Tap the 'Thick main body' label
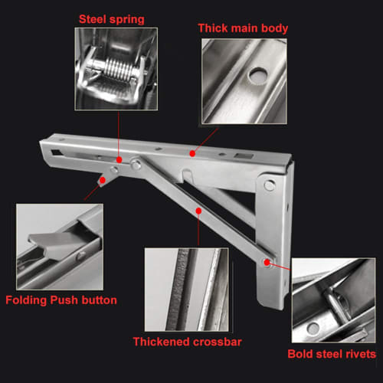(244, 28)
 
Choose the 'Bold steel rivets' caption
(332, 354)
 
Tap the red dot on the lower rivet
(267, 263)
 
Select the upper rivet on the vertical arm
(269, 185)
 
